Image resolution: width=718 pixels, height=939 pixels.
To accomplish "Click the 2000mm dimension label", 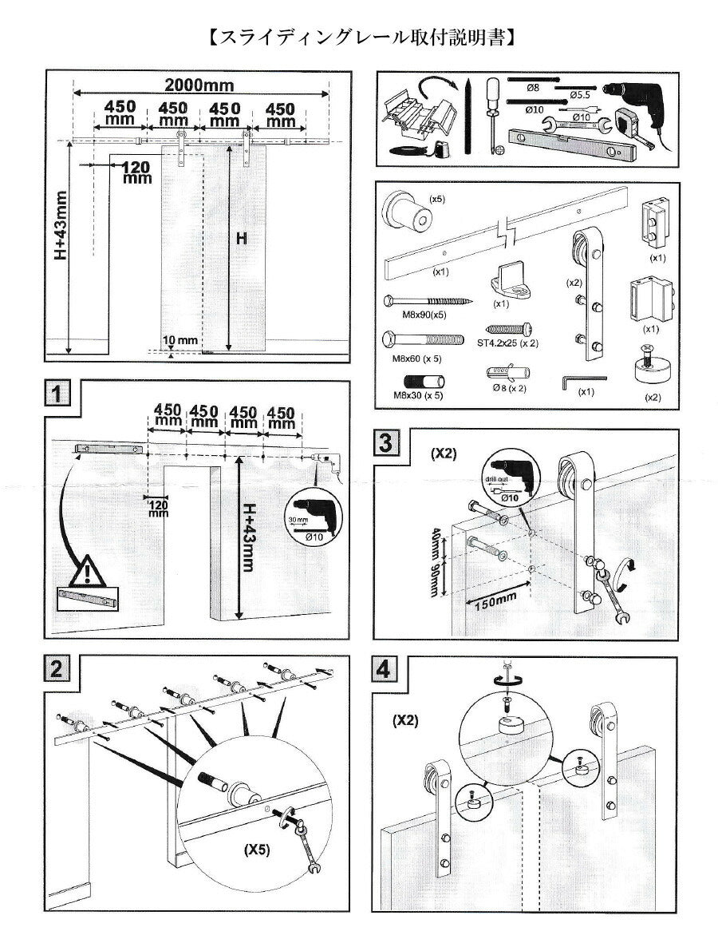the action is click(199, 85).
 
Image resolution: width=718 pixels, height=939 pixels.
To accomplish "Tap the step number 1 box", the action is click(57, 394).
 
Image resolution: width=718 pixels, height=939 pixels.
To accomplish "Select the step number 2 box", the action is click(56, 668).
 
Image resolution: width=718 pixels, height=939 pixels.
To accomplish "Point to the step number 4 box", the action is click(384, 669).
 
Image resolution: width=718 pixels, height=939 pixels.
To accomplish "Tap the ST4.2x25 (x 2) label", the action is click(508, 343).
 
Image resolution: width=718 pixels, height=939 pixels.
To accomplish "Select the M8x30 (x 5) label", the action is click(418, 395).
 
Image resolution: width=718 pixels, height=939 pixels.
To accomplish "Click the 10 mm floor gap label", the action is click(179, 340).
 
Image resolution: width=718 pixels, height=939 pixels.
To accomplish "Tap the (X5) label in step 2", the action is click(257, 850).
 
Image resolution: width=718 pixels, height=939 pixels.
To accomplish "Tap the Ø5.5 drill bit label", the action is click(580, 95).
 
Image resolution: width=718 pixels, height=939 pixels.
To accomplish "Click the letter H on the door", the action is click(241, 239).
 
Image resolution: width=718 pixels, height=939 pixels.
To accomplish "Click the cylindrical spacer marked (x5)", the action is click(411, 212).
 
